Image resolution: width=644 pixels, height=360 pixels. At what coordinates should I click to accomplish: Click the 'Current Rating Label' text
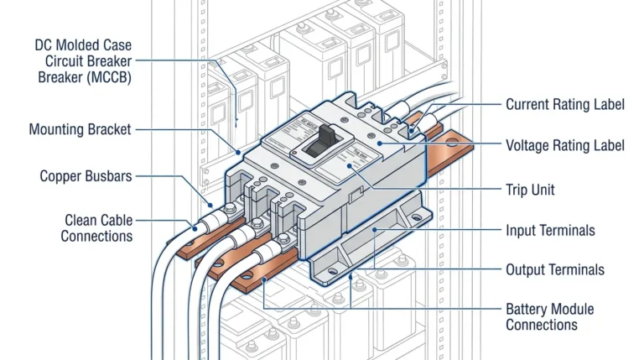pos(564,105)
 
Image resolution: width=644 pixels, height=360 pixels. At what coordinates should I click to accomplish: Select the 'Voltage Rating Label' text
pos(564,145)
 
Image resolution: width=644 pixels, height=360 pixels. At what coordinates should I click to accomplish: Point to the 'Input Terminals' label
pos(549,230)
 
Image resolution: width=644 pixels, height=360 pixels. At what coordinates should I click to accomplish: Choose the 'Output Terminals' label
pos(553,270)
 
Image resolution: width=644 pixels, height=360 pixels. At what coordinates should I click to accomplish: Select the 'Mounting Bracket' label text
pos(80,130)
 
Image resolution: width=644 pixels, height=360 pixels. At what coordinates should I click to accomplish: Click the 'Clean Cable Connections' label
pos(96,227)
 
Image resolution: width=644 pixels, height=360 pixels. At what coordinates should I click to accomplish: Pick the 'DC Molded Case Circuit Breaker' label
pos(83,60)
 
